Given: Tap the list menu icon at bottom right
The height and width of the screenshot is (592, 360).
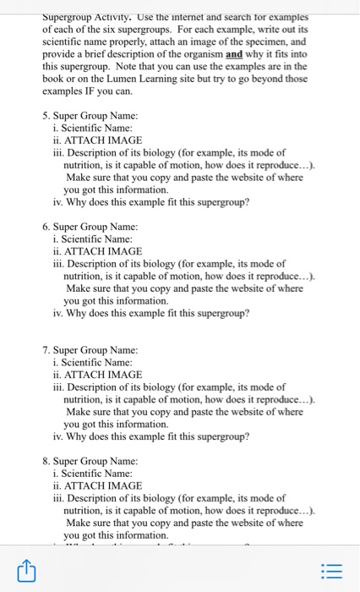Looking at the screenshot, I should pos(334,573).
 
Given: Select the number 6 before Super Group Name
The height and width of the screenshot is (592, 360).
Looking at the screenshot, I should pos(45,227).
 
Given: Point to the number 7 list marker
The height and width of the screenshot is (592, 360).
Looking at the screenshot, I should pos(45,350).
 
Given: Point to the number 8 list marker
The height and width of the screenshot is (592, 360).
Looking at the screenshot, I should pos(45,462).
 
